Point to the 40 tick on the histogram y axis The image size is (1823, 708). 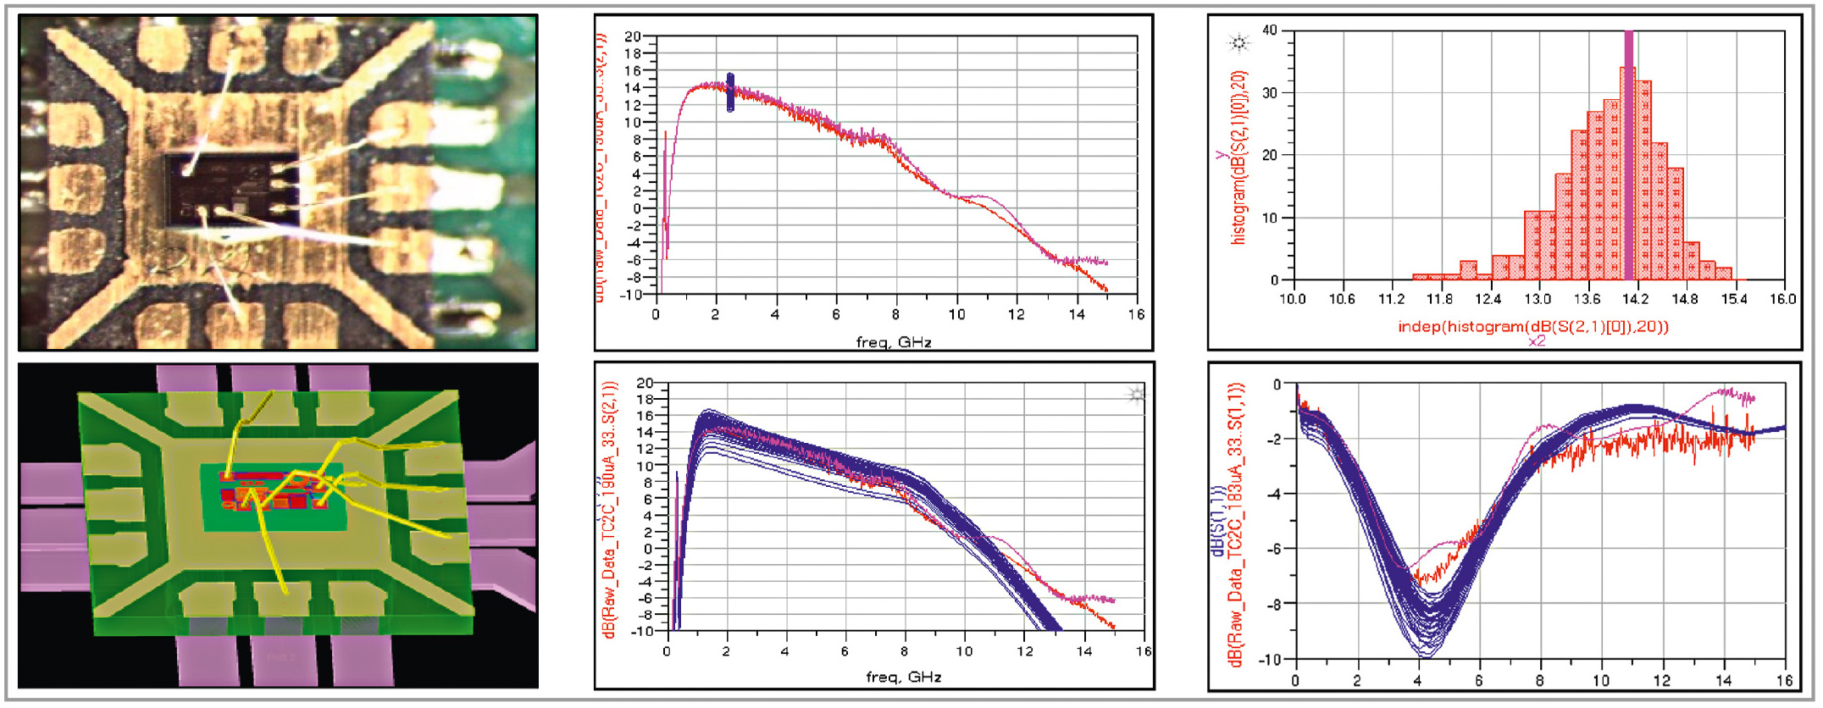pos(1269,30)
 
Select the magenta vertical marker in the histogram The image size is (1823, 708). pos(1628,152)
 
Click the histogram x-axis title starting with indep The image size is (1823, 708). pos(1532,326)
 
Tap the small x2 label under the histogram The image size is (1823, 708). pos(1537,341)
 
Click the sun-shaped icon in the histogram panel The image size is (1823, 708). pos(1238,42)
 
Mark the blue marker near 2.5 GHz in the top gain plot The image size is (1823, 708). pos(730,92)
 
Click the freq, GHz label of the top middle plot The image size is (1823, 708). pos(894,342)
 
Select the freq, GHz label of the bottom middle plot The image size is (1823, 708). pos(903,677)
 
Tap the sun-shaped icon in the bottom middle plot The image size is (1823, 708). pos(1136,395)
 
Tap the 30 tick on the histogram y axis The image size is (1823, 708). pos(1269,93)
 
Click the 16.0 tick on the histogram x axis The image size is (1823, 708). pos(1782,299)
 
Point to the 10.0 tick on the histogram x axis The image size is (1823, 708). pos(1292,299)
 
